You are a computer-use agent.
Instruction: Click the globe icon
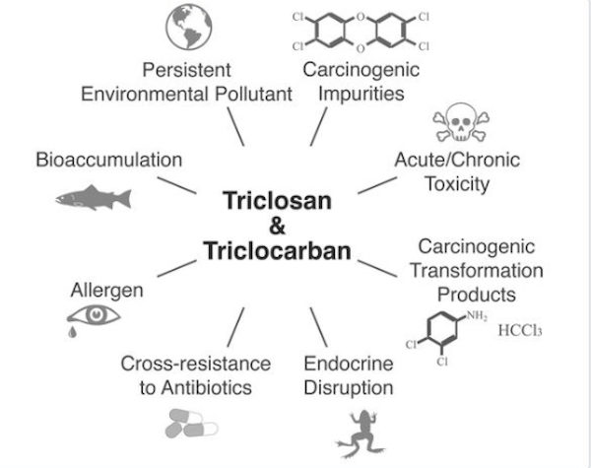[x=189, y=27]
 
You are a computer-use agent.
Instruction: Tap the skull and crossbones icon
[x=461, y=122]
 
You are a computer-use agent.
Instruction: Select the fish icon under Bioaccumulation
[x=94, y=197]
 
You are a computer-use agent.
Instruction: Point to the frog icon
[x=361, y=434]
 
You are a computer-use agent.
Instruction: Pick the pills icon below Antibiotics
[x=191, y=424]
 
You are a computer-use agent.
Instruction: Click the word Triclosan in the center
[x=277, y=200]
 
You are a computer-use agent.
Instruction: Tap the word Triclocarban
[x=277, y=251]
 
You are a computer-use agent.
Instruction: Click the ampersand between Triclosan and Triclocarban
[x=277, y=226]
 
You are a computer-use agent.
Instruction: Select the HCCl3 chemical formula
[x=520, y=330]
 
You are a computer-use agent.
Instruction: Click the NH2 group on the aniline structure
[x=477, y=315]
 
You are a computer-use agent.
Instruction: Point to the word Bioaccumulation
[x=109, y=160]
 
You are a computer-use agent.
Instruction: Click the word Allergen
[x=107, y=291]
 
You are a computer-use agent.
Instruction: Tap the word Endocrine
[x=349, y=364]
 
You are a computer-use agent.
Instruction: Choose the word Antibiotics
[x=207, y=387]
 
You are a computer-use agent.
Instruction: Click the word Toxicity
[x=458, y=184]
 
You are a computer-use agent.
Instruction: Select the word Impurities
[x=361, y=94]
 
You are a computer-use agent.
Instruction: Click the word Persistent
[x=186, y=70]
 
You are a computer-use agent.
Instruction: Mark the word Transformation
[x=477, y=270]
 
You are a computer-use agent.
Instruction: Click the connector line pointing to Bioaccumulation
[x=176, y=185]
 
